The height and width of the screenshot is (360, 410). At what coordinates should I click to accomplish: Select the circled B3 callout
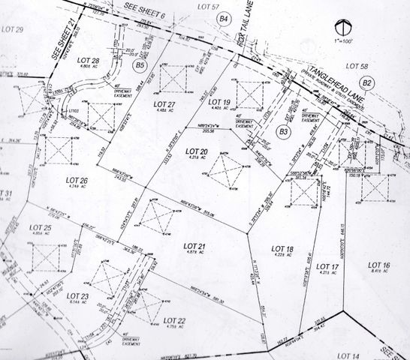point(283,132)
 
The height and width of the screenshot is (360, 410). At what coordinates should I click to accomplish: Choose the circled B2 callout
point(367,82)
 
